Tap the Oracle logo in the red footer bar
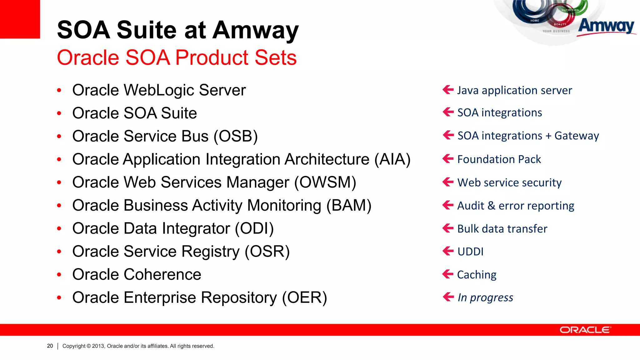coord(585,330)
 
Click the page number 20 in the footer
coord(50,346)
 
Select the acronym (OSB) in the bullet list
coord(236,137)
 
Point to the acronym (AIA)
coord(392,160)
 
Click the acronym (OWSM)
coord(325,182)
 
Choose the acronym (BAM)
coord(349,206)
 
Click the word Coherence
coord(162,275)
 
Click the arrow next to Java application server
coord(448,90)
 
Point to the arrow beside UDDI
coord(448,251)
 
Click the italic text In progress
coord(485,297)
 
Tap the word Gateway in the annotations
coord(577,136)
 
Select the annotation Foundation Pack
coord(499,159)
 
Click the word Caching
coord(477,275)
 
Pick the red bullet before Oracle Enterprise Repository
coord(59,298)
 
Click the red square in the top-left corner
coord(20,19)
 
